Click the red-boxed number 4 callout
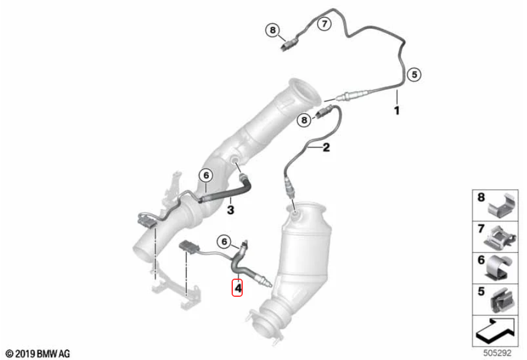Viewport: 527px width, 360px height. [237, 288]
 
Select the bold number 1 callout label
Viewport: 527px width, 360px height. [397, 111]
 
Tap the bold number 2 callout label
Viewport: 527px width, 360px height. [326, 148]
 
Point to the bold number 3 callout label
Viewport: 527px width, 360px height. [230, 210]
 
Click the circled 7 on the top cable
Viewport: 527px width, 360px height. [325, 24]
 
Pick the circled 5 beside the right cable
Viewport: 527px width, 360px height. [415, 74]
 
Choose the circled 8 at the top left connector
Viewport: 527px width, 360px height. [273, 30]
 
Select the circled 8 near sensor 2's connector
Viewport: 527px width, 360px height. [304, 120]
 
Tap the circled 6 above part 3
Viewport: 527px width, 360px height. [206, 175]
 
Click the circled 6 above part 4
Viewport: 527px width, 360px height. [224, 242]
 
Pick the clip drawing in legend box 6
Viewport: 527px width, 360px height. [499, 268]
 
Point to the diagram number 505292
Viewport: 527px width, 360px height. [497, 353]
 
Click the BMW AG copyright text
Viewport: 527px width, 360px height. [38, 354]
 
